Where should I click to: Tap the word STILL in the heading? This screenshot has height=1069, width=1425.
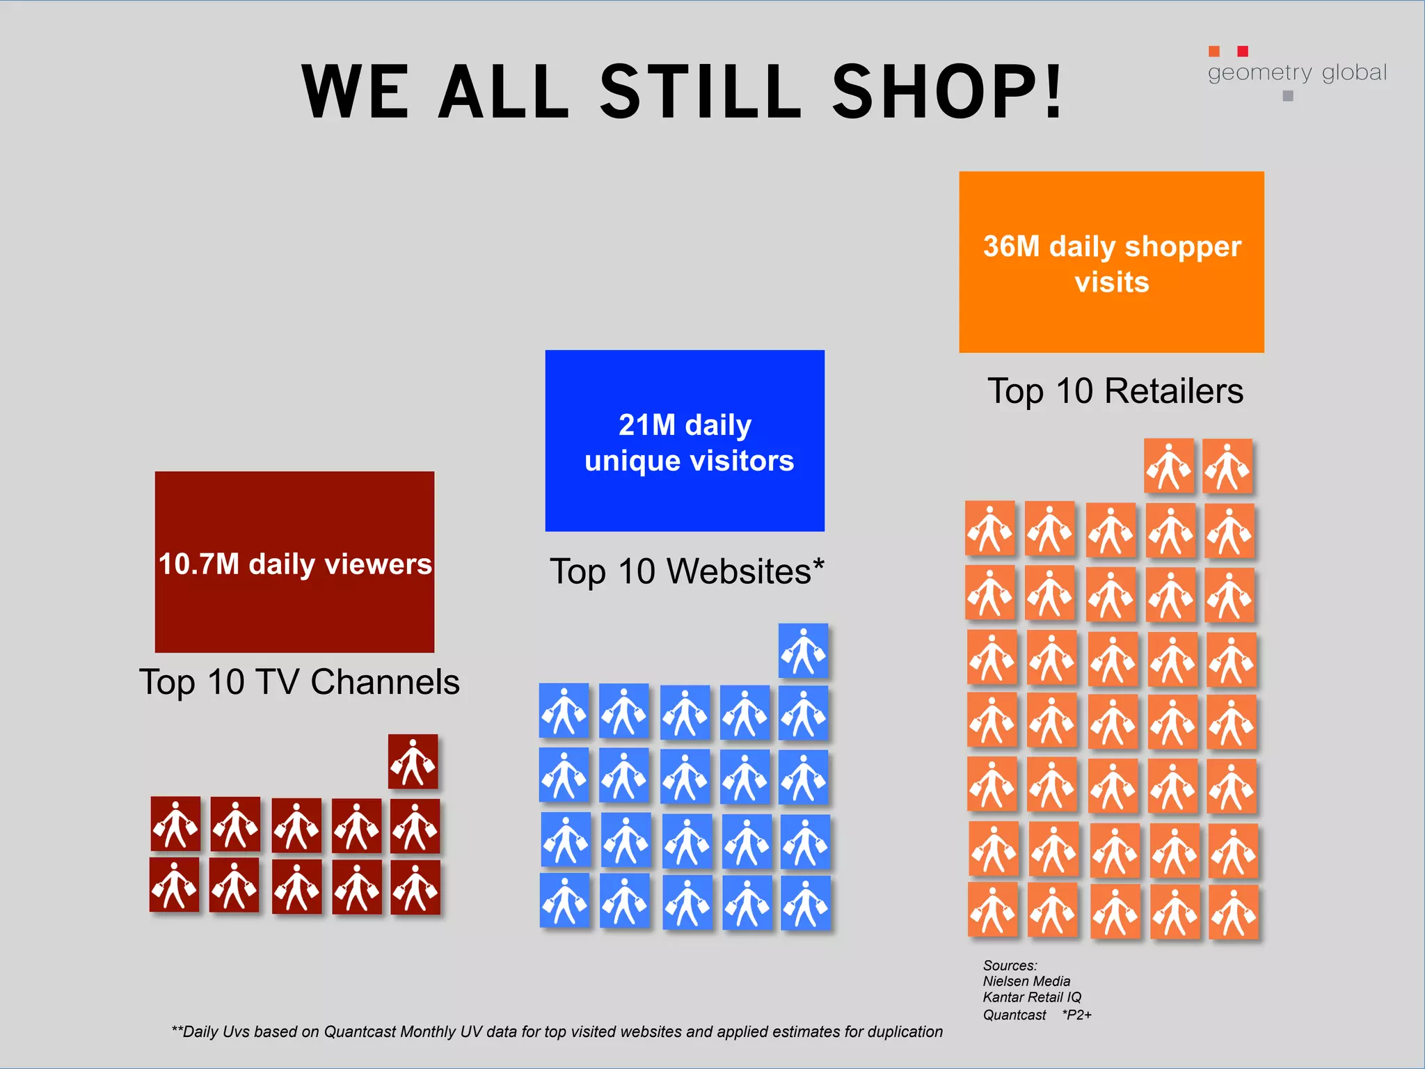tap(701, 92)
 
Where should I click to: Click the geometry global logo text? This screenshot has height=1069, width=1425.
tap(1297, 72)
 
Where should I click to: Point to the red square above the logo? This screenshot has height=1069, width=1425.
tap(1243, 51)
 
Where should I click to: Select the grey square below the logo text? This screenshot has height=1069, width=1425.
tap(1288, 96)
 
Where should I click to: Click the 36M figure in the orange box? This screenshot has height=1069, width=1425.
tap(1010, 246)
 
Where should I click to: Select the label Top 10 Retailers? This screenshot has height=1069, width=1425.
tap(1115, 391)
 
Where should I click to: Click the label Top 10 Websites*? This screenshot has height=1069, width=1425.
tap(687, 571)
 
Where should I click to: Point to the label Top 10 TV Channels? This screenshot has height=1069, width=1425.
tap(299, 682)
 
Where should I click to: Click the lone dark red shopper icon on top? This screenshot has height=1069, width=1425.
tap(413, 761)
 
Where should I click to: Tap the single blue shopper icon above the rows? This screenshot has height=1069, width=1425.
tap(804, 651)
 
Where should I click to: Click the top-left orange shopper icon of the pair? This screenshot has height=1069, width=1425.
tap(1169, 466)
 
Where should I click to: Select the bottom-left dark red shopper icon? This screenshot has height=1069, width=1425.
tap(174, 885)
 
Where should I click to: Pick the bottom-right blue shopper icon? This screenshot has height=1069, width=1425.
tap(806, 903)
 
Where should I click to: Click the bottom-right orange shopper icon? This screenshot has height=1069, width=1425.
tap(1233, 912)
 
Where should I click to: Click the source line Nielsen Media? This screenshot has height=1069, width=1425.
tap(1026, 981)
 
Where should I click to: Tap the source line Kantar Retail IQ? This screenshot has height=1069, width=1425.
tap(1032, 997)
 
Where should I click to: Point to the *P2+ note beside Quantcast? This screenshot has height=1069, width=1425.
tap(1076, 1015)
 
